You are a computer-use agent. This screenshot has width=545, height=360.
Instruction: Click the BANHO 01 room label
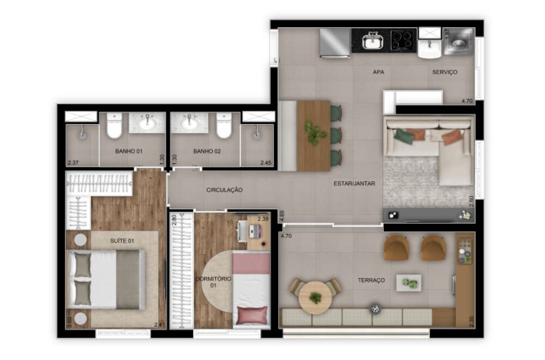128,151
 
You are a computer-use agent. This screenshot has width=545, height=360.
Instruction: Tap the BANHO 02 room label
207,151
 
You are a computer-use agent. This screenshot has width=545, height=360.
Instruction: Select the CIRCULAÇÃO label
224,190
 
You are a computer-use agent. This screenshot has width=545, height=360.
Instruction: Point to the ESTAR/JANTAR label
354,184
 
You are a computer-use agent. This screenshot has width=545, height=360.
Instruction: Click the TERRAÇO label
371,280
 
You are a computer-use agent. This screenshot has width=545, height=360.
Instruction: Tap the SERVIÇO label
445,72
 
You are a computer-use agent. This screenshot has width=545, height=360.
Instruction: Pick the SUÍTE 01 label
122,240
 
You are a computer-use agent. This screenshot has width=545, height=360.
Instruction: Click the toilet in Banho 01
114,126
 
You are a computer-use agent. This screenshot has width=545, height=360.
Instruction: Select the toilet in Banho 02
224,126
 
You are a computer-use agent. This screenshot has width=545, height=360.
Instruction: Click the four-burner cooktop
403,40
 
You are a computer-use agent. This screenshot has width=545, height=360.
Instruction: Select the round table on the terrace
315,297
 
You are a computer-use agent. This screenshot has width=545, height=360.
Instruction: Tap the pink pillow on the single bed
252,315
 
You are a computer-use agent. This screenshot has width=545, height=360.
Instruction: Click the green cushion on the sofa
404,136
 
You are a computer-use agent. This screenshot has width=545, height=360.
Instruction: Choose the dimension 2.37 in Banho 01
73,162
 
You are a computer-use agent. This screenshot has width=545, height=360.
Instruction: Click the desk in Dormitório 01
257,231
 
